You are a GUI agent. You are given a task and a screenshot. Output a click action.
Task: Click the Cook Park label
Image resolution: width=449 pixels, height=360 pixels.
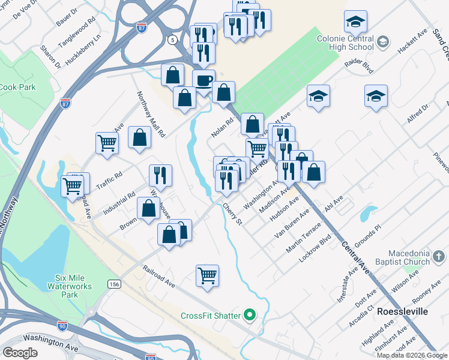(18, 87)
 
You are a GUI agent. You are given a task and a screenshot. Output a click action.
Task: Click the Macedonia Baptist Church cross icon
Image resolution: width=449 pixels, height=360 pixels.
(439, 257)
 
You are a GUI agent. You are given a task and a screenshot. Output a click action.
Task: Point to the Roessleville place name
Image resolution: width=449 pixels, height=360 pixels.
(402, 312)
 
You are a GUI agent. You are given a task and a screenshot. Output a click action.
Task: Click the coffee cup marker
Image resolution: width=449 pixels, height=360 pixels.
(203, 80)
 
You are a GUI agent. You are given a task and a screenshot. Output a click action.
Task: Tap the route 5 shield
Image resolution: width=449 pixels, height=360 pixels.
(173, 40)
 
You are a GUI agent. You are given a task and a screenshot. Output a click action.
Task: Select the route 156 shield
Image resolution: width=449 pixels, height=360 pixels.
(114, 283)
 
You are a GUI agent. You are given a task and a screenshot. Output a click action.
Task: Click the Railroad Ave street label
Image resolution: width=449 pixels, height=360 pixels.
(159, 277)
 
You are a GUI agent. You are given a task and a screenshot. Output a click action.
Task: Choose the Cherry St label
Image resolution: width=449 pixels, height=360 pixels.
(232, 214)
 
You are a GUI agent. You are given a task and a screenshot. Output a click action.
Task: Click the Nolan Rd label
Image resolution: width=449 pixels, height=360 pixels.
(217, 127)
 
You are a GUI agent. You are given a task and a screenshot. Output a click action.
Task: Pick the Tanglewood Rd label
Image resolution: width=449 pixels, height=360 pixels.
(83, 29)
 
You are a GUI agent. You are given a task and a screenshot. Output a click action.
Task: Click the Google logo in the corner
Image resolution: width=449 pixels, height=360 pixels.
(20, 352)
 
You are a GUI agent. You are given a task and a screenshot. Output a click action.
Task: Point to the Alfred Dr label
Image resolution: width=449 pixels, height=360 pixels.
(418, 113)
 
